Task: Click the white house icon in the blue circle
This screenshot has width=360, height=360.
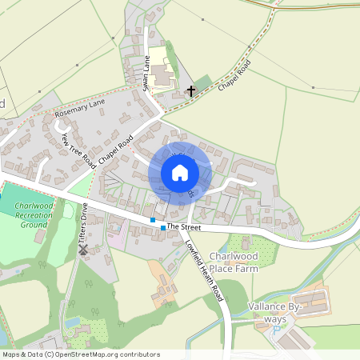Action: click(x=180, y=173)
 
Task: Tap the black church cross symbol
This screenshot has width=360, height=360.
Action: click(x=190, y=91)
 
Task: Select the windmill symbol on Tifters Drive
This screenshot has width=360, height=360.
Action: click(x=82, y=250)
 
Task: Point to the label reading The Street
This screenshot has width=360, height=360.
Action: click(x=183, y=228)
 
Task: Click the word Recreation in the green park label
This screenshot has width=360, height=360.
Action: click(x=34, y=216)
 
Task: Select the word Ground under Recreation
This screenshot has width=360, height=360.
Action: click(x=34, y=226)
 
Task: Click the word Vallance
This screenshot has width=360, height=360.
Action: click(x=273, y=306)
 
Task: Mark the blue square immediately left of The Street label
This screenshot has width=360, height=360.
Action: click(x=163, y=228)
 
